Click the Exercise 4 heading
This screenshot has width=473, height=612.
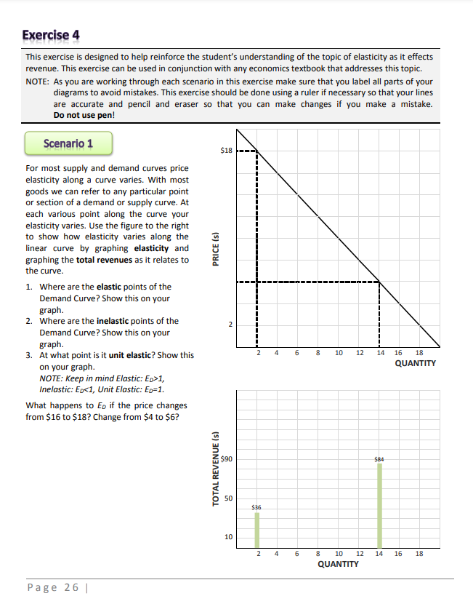51,35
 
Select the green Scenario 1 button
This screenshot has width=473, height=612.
68,143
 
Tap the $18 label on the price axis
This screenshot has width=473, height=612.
226,151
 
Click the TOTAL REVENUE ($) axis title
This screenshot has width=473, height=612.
216,469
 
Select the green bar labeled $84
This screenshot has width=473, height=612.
379,506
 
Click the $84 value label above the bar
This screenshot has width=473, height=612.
379,459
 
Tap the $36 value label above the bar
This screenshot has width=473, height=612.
256,506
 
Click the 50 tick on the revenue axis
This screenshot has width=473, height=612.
227,498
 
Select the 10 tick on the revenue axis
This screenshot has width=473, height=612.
227,537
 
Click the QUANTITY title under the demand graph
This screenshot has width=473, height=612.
415,362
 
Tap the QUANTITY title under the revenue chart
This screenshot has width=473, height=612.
338,564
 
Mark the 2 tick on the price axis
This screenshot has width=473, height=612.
230,324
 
